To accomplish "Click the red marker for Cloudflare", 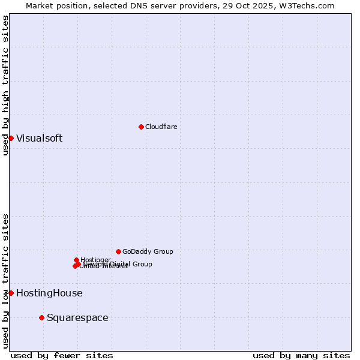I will point(141,127).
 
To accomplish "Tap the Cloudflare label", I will point(161,127).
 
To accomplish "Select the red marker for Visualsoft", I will point(11,138).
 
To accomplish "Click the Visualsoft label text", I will point(39,138).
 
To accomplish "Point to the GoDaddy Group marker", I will point(118,251).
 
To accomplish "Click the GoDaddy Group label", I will point(148,251).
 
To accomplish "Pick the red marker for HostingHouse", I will point(11,293).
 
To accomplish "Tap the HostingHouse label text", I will point(49,293).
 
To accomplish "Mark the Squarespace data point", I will point(41,317).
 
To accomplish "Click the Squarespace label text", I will point(77,317).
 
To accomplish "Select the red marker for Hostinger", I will point(77,260).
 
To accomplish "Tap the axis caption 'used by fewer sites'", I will point(62,355).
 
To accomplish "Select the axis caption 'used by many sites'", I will point(301,355).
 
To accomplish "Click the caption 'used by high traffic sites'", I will point(5,85).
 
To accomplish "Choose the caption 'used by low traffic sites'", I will point(5,280).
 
